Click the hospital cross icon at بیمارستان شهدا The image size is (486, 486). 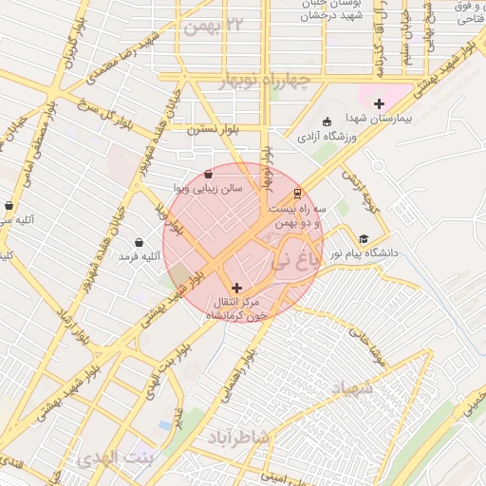coord(379,103)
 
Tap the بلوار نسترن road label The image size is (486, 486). coord(215,129)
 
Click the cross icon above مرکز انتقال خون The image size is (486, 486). coord(236,287)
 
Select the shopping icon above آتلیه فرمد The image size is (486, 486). coord(140,242)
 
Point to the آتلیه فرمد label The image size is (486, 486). coord(140,257)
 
